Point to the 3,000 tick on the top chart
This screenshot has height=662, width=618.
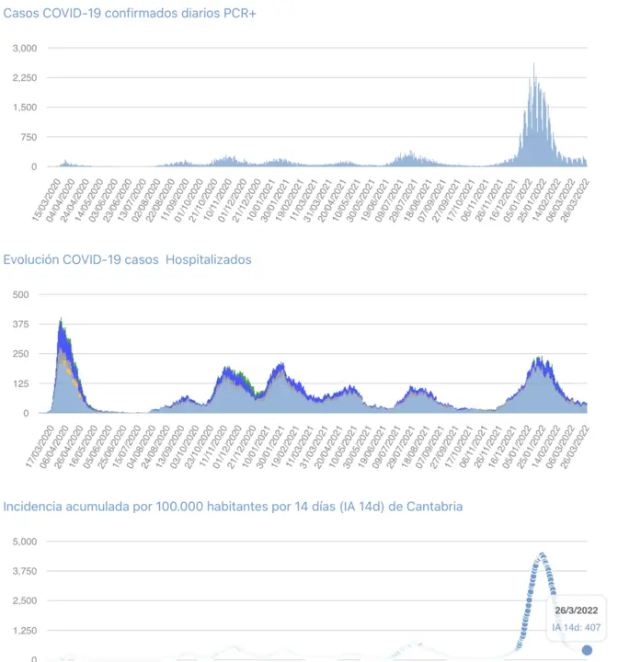[x=25, y=48]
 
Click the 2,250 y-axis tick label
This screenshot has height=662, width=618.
[x=25, y=78]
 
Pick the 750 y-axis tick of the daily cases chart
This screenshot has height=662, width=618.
[x=29, y=137]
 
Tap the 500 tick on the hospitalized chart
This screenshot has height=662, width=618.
[x=20, y=294]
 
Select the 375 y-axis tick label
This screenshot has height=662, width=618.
[x=20, y=325]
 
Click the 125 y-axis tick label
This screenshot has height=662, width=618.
[x=20, y=383]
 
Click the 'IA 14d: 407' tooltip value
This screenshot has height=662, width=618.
[x=576, y=628]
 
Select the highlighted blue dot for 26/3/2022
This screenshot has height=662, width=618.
[x=587, y=651]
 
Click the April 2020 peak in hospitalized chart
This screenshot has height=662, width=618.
[x=61, y=322]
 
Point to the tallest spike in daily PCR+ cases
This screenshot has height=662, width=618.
[x=534, y=64]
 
